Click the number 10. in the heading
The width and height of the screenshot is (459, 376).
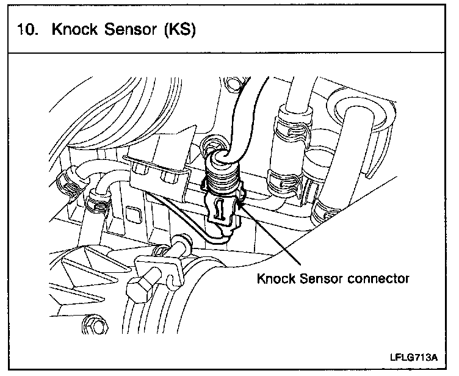coord(28,29)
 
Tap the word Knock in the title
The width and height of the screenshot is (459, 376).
coord(74,29)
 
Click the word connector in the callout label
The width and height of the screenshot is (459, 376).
coord(378,278)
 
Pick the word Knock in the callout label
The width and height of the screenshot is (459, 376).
coord(276,278)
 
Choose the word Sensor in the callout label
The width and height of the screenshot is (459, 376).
coord(321,278)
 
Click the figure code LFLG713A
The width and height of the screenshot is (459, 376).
coord(414,358)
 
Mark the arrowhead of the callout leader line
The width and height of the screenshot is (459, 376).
coord(240,203)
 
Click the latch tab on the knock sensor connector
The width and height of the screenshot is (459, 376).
coord(220,209)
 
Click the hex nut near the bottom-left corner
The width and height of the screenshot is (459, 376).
coord(93,325)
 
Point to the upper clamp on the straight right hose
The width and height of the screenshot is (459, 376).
coord(293,127)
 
